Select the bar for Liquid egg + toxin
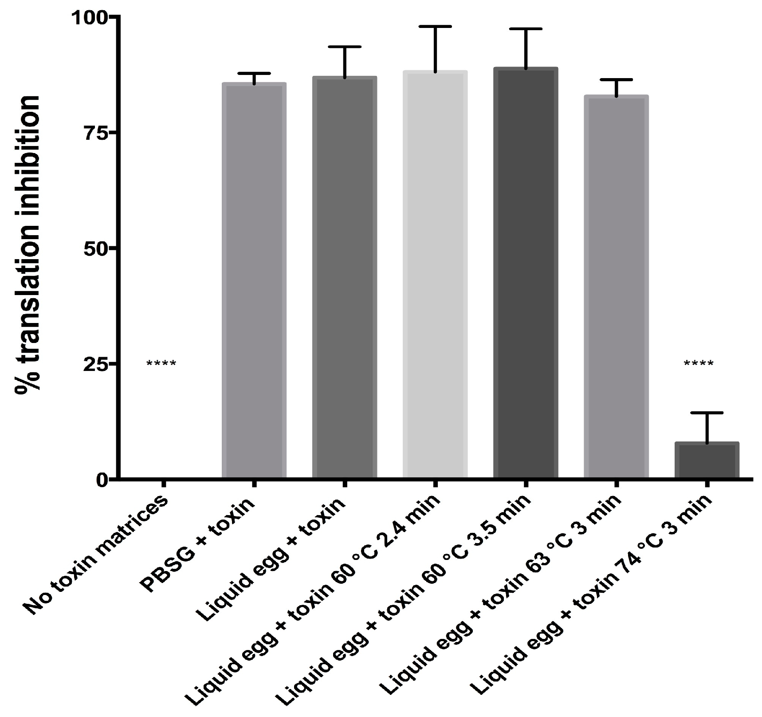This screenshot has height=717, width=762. pyautogui.click(x=344, y=277)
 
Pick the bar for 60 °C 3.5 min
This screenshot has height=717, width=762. pyautogui.click(x=526, y=273)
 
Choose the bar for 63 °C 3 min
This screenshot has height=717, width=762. pyautogui.click(x=616, y=287)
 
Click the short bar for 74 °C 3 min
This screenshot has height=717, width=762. pyautogui.click(x=707, y=460)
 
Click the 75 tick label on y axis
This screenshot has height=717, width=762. pyautogui.click(x=94, y=132)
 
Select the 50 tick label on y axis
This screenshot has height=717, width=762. pyautogui.click(x=94, y=248)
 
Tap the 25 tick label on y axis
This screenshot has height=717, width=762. pyautogui.click(x=94, y=363)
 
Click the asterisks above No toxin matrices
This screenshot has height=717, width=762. pyautogui.click(x=161, y=364)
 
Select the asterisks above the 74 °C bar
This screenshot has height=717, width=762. pyautogui.click(x=699, y=364)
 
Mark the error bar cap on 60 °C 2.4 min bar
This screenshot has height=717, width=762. pyautogui.click(x=436, y=27)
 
